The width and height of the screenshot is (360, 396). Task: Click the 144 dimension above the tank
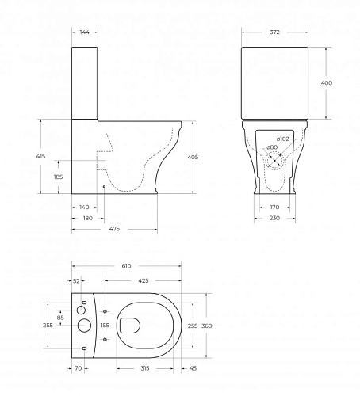[85, 32]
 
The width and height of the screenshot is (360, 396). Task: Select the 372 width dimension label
[274, 32]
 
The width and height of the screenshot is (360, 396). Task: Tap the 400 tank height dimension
[327, 83]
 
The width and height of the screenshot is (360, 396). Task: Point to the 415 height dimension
[40, 156]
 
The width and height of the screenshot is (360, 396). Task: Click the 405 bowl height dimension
[193, 157]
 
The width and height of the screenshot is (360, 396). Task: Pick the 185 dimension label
[58, 177]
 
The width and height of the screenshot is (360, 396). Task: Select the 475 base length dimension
[114, 229]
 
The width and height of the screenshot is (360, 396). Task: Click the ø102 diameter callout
[283, 139]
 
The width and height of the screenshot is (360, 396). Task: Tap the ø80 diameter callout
[272, 147]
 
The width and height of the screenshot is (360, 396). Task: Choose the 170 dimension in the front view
[274, 208]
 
